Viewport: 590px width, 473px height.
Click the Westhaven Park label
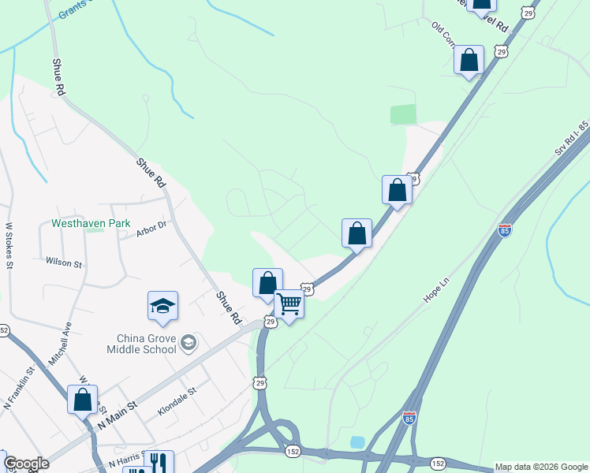[x=91, y=224]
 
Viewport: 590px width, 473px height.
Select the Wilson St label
[x=64, y=262]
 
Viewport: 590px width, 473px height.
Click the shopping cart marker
[x=289, y=304]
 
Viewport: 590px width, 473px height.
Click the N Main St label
[x=118, y=415]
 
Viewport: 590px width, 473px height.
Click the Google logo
[x=26, y=464]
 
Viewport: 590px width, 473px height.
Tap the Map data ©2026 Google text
[x=540, y=467]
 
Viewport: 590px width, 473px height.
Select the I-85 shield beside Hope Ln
[x=505, y=230]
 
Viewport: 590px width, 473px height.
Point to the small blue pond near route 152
[x=357, y=442]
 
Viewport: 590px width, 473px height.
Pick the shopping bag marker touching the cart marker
[x=267, y=283]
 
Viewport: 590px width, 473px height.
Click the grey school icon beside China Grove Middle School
[x=189, y=343]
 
